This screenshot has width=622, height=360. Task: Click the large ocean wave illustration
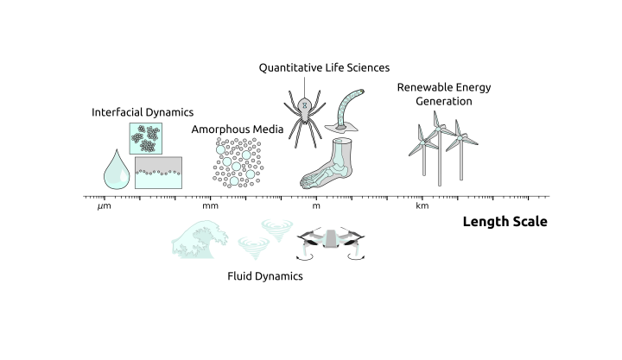(200, 239)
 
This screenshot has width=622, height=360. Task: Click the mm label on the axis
(210, 206)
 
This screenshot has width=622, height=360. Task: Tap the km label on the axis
(422, 206)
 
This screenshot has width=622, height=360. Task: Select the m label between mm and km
(316, 206)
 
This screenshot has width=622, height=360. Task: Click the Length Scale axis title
(505, 222)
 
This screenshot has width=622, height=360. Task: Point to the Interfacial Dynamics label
(143, 112)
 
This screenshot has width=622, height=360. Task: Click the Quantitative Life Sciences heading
(324, 67)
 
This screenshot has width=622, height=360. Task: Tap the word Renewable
(421, 86)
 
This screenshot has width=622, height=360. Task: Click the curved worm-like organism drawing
(349, 111)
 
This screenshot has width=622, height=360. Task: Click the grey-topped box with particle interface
(158, 172)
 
